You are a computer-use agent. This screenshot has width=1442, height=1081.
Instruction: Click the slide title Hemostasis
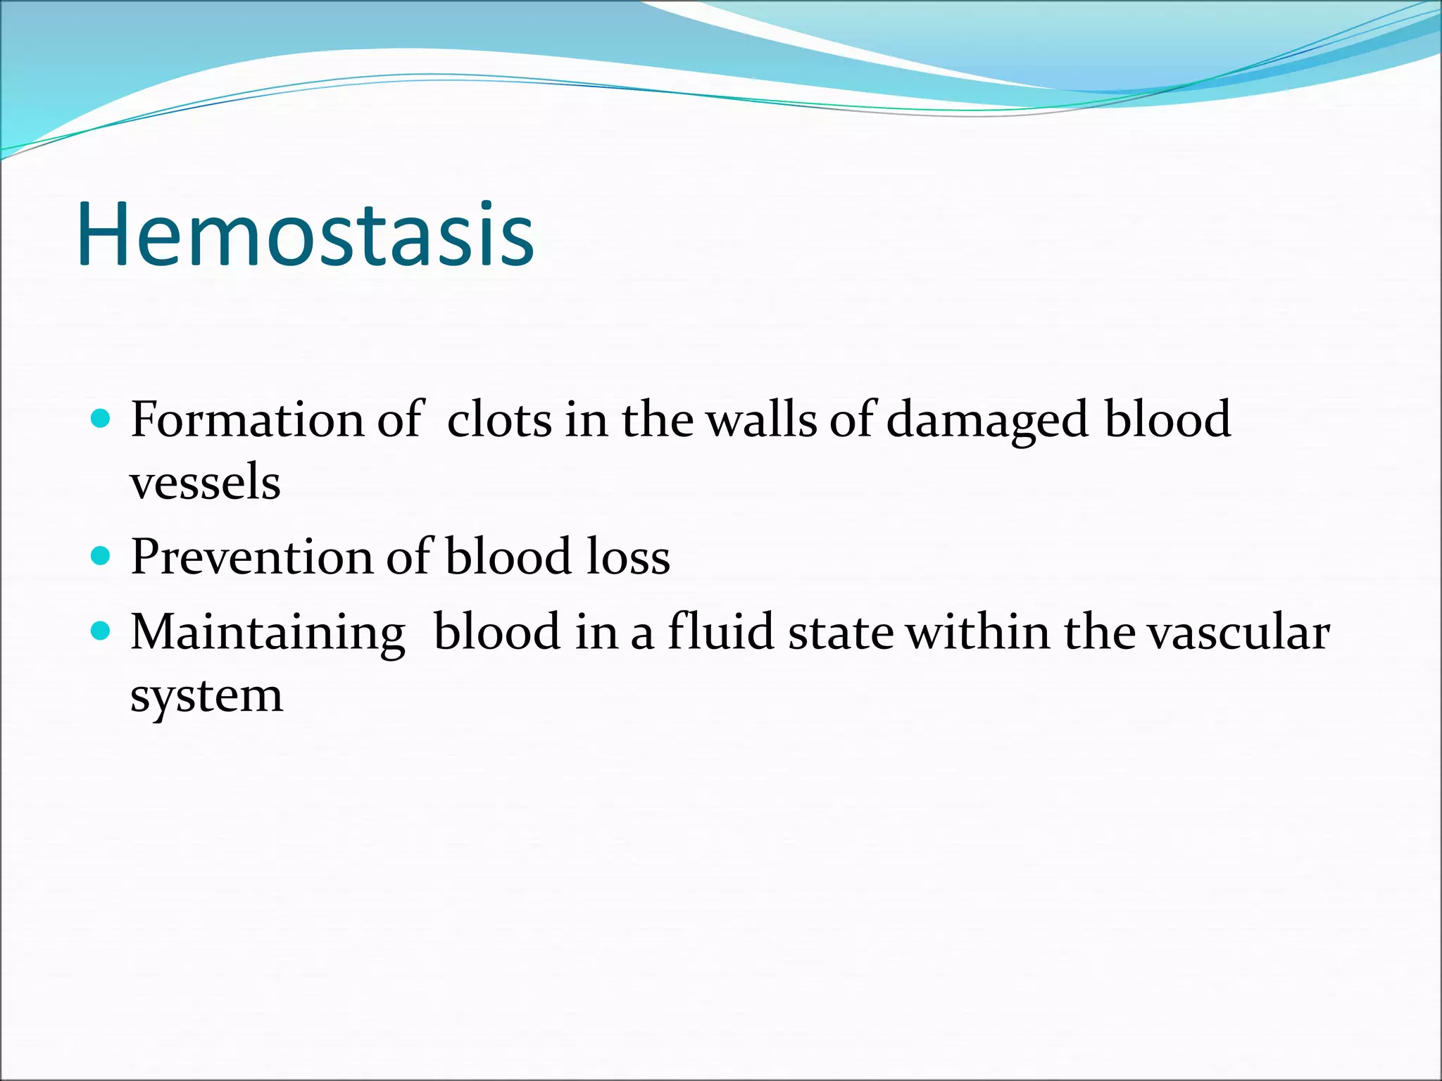coord(306,234)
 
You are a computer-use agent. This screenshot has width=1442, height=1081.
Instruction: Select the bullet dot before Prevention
coord(101,557)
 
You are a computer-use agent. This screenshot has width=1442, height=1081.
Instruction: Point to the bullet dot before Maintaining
coord(101,631)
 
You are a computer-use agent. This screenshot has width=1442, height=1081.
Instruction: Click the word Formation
coord(248,420)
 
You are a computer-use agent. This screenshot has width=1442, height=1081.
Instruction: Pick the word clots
coord(499,420)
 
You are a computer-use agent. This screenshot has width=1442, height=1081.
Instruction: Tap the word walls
coord(761,420)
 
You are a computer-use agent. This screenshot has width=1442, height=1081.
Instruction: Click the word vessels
coord(205,483)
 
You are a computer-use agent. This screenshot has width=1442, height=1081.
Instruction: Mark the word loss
coord(628,558)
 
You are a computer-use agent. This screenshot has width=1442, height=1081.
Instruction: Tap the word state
coord(841,633)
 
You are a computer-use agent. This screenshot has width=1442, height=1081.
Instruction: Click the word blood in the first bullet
coord(1167,420)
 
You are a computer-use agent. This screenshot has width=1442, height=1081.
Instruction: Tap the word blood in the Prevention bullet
coord(508,558)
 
